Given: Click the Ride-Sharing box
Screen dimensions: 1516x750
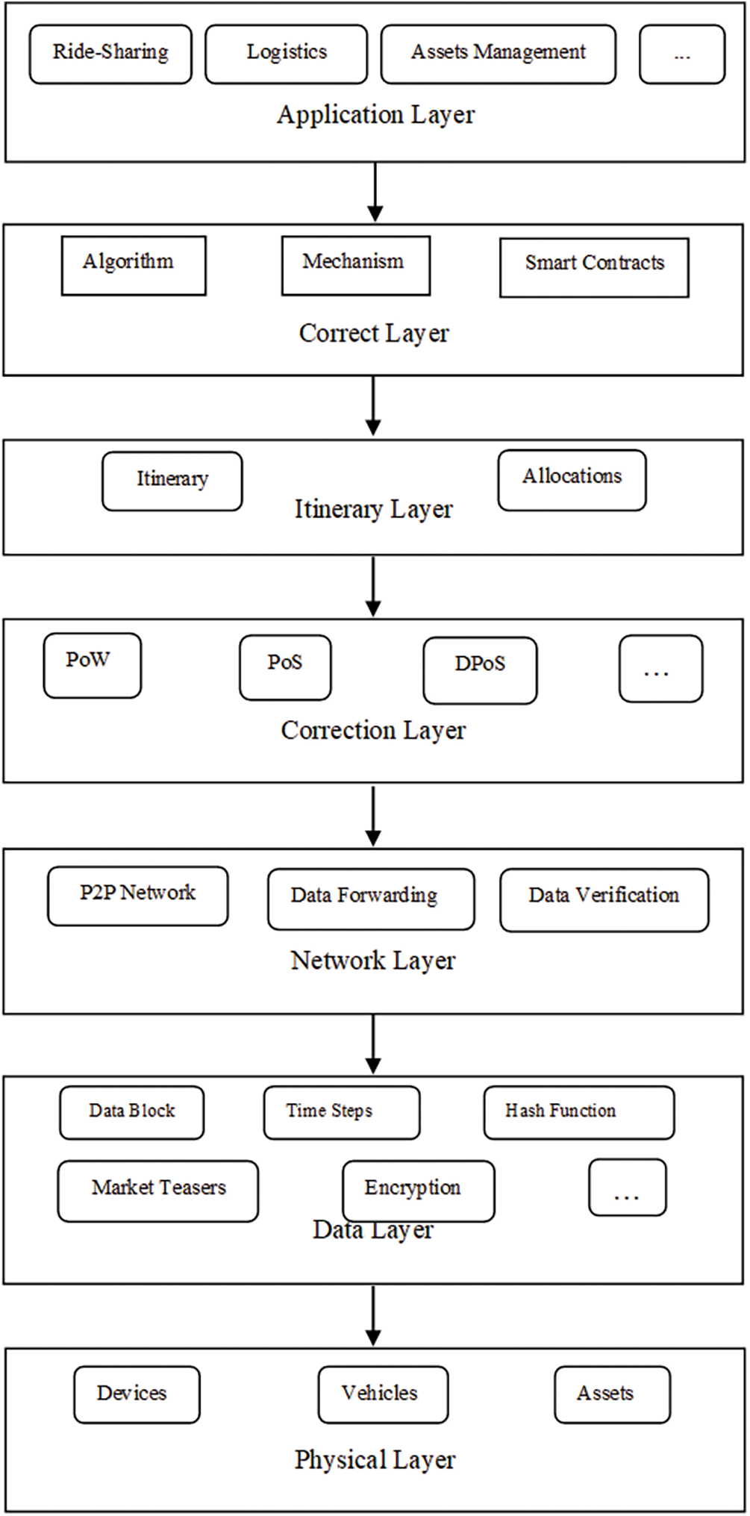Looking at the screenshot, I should (x=110, y=53).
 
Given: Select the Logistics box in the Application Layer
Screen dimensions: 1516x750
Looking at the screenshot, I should (x=286, y=53).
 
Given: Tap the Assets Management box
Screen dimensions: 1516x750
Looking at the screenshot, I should (x=498, y=53).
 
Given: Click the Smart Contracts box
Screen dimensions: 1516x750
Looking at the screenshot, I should (x=594, y=267).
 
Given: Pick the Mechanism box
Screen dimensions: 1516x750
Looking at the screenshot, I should (x=355, y=265).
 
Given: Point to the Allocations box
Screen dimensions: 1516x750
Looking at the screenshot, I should (x=572, y=479).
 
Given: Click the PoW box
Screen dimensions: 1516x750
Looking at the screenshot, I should (x=92, y=664).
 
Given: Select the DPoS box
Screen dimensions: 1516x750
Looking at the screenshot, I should (x=480, y=670).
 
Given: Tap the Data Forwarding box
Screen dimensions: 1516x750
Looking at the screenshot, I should (x=371, y=898).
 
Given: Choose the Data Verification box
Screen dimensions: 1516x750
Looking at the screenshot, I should (x=604, y=899).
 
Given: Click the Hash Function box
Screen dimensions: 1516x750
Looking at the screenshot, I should (x=578, y=1111).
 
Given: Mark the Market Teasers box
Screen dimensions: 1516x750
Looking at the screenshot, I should (x=157, y=1190).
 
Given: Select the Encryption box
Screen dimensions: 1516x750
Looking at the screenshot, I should (x=418, y=1190).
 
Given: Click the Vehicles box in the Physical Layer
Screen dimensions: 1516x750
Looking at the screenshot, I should (x=383, y=1394).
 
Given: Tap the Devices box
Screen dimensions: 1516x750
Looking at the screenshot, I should (x=137, y=1394).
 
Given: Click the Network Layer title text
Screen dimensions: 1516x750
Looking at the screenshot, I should (x=373, y=961).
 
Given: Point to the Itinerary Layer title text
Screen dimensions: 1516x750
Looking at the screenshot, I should (x=373, y=510).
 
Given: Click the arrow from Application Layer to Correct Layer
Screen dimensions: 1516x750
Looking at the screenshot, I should (x=375, y=192).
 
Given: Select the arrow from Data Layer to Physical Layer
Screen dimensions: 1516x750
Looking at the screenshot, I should (x=373, y=1314).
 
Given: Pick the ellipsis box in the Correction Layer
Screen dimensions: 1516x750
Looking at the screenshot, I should (x=660, y=668).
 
